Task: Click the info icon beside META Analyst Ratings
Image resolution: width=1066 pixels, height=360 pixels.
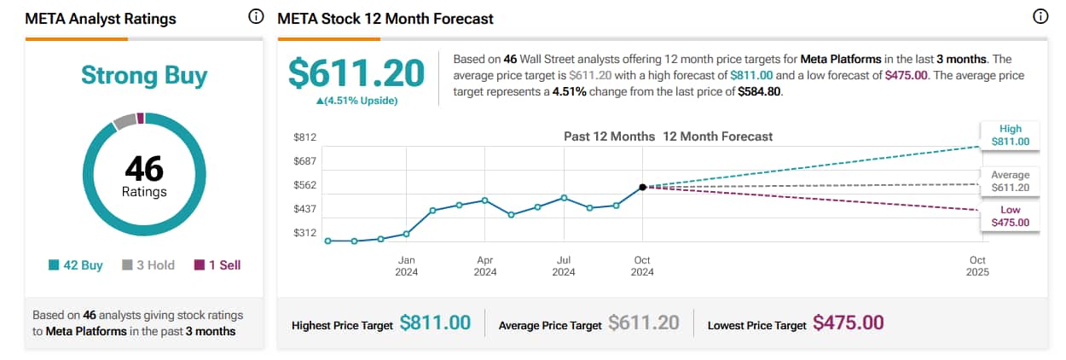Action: coord(255,17)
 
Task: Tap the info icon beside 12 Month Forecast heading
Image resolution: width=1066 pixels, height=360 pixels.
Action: coord(1040,17)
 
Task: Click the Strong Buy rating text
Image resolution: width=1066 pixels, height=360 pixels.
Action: coord(144,76)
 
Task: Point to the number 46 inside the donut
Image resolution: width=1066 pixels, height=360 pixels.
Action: coord(144,168)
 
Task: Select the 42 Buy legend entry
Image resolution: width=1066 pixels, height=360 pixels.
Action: coord(76,265)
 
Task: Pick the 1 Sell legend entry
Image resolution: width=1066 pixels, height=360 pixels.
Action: coord(217,265)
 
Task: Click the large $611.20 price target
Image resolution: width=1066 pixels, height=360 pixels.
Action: coord(356,73)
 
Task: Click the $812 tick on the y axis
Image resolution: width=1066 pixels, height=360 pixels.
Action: coord(304,137)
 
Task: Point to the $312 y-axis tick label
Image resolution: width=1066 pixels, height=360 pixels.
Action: coord(304,233)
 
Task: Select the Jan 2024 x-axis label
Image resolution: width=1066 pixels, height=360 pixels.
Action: coord(406,266)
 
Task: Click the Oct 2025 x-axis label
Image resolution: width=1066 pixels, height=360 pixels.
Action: coord(977,266)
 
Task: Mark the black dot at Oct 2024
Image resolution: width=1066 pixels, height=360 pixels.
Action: coord(642,187)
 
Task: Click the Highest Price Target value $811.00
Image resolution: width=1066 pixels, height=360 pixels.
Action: coord(435,323)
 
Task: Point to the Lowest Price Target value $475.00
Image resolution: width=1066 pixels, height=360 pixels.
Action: coord(848,323)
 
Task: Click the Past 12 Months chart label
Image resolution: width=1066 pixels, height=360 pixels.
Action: coord(609,136)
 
